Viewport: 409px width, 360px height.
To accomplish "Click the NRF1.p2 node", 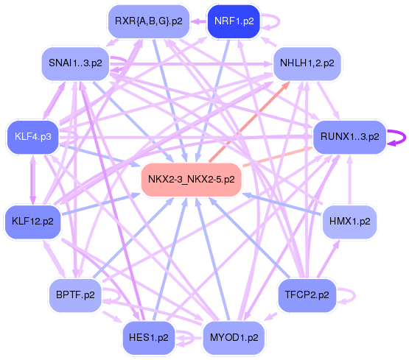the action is click(234, 21).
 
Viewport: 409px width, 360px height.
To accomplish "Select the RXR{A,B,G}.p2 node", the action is click(149, 21).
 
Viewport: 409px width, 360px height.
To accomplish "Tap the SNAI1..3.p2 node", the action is click(75, 63).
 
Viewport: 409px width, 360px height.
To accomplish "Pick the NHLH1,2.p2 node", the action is click(307, 63).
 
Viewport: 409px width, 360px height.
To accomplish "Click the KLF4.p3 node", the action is click(33, 137).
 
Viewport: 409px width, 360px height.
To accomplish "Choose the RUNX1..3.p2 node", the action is click(350, 137).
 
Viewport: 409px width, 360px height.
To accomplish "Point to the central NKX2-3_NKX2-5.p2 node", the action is click(191, 179).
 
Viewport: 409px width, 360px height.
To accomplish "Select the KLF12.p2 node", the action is click(32, 222).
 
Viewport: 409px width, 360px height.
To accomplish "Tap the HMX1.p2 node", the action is click(350, 222).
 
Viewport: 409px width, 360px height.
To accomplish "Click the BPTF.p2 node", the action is click(75, 295).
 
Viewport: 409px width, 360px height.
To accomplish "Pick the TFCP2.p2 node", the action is click(307, 295).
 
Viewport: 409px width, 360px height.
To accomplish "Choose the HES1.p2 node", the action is click(149, 338).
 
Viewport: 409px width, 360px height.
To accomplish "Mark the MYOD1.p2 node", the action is click(234, 338).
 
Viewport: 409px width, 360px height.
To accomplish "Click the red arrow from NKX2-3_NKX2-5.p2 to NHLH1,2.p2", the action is click(250, 121).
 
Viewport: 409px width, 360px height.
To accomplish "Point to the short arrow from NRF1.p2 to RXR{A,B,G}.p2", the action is click(198, 21).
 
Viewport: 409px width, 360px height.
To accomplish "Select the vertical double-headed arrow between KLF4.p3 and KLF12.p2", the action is click(33, 180).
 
